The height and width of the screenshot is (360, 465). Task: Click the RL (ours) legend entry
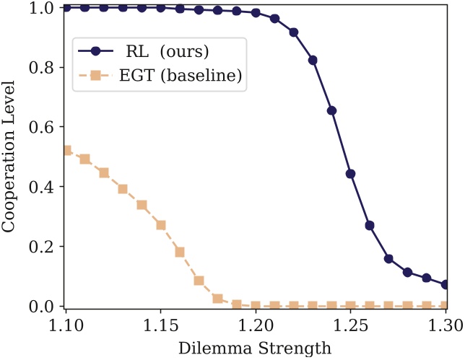click(x=156, y=51)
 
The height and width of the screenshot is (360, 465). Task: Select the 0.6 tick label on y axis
click(x=43, y=127)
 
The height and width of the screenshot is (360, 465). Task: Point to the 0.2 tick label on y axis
click(x=43, y=247)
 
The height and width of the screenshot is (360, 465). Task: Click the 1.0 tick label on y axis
click(x=43, y=8)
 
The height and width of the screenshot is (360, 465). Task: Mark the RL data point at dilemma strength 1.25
click(x=351, y=174)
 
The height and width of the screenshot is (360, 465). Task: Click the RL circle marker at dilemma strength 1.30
click(x=446, y=285)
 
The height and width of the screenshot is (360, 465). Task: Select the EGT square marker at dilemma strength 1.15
click(x=161, y=225)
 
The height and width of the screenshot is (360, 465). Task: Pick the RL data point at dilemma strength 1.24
click(x=332, y=110)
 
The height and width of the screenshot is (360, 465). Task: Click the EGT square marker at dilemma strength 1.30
click(x=446, y=306)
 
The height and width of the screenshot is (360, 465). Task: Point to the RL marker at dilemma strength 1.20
click(x=256, y=13)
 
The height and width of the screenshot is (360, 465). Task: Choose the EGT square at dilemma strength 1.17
click(x=199, y=281)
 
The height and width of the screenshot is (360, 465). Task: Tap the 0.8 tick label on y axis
click(x=43, y=68)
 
